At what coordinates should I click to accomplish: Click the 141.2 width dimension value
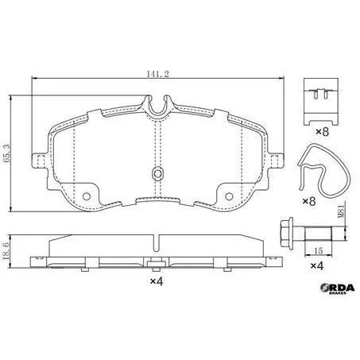[x=158, y=74]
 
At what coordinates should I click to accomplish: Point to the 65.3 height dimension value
[x=7, y=153]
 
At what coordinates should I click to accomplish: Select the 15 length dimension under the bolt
[x=319, y=250]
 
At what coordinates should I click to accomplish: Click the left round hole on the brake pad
[x=87, y=196]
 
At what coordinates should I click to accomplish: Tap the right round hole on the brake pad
[x=229, y=196]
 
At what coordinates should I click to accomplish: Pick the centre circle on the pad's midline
[x=157, y=174]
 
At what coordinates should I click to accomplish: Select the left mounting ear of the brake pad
[x=39, y=161]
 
